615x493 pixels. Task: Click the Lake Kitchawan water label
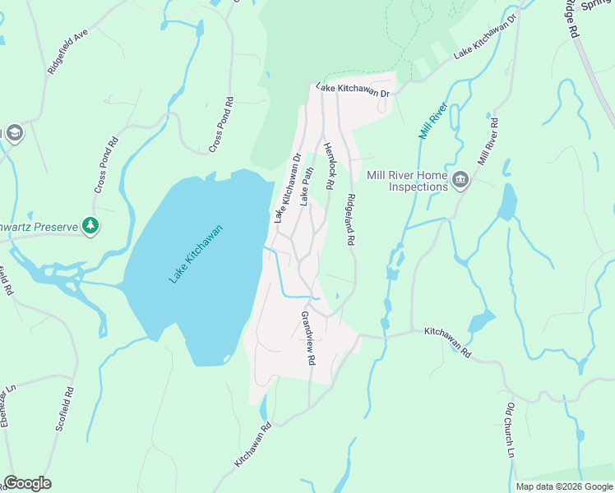point(197,256)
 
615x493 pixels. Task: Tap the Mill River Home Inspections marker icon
point(460,179)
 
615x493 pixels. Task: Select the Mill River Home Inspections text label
point(408,181)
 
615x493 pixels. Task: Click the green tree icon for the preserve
point(90,226)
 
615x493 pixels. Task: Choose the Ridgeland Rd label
point(351,219)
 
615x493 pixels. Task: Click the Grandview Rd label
point(309,338)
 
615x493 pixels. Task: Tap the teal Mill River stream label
point(432,119)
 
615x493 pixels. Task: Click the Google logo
point(27,483)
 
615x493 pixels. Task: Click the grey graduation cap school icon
point(14,133)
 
